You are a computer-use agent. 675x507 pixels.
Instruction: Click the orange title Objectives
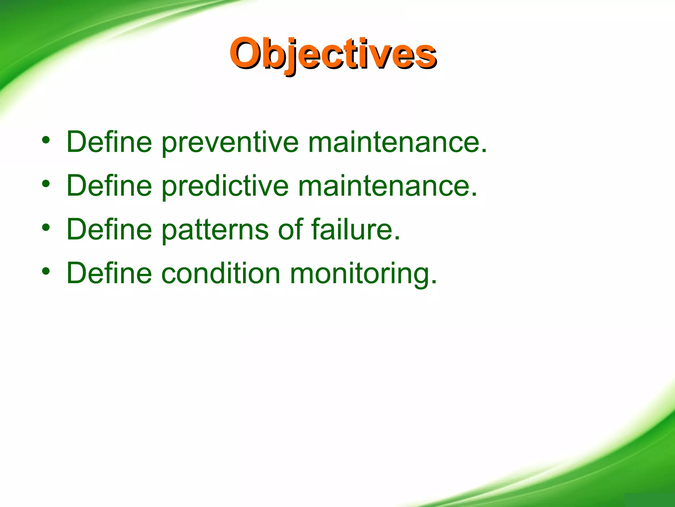pos(333,53)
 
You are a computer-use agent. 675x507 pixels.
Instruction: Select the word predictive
pos(225,186)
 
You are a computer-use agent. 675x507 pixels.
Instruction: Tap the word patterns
pos(215,230)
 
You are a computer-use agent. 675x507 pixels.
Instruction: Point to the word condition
pos(220,273)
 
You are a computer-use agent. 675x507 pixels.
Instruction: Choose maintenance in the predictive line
pos(387,186)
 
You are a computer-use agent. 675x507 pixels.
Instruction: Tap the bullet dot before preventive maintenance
pos(46,140)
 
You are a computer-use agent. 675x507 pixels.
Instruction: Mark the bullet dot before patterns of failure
pos(46,227)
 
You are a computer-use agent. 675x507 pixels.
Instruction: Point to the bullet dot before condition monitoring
pos(46,271)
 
